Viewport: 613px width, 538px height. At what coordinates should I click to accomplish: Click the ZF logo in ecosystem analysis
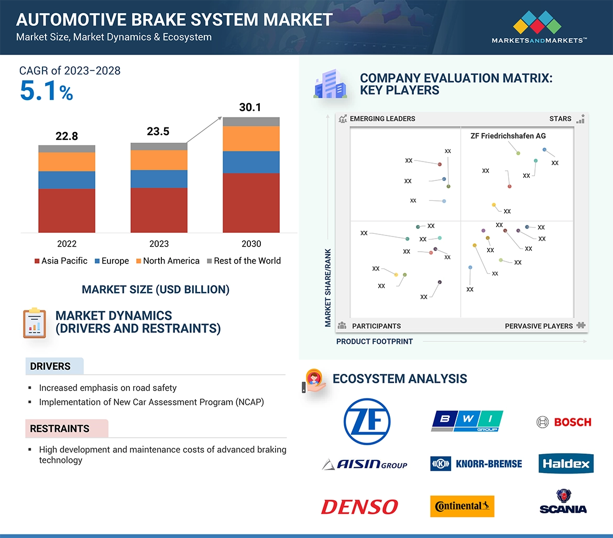367,422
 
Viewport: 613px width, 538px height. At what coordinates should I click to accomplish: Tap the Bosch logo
564,422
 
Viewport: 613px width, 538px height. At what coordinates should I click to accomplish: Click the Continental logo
462,507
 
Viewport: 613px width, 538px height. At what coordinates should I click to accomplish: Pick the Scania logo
563,502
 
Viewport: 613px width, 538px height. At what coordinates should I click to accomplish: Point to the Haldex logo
566,464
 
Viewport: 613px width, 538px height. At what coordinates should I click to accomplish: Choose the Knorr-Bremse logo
476,464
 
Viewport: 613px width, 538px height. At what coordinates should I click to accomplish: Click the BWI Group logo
467,421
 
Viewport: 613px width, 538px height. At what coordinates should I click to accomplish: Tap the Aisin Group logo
365,464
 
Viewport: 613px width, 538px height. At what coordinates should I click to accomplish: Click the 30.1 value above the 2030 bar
250,107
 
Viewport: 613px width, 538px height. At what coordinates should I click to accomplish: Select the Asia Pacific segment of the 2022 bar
67,210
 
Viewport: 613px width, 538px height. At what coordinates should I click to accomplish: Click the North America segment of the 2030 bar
251,138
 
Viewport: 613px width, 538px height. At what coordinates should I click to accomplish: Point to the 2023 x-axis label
159,244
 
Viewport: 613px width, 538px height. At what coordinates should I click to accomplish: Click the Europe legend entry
112,261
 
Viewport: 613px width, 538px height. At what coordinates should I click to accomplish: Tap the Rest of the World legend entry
244,261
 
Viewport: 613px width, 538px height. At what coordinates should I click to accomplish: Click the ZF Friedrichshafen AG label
508,136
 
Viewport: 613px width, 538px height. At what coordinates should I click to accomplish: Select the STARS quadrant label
560,119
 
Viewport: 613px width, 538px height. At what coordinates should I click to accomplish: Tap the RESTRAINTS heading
60,429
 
